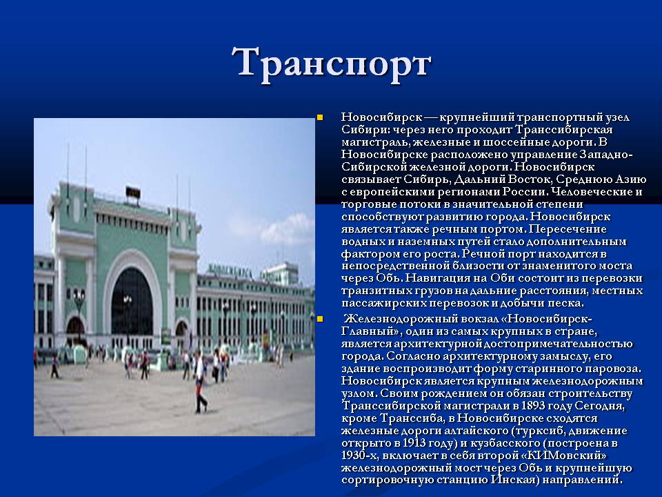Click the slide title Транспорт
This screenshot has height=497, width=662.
[x=332, y=65]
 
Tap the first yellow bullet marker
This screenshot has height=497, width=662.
[x=320, y=117]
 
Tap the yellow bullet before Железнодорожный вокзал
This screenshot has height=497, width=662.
[x=320, y=319]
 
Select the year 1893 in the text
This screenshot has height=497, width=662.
[x=533, y=406]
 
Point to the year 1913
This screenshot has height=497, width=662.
[x=414, y=443]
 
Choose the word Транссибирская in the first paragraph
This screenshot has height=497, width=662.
[x=564, y=129]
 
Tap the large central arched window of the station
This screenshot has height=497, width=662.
[x=132, y=302]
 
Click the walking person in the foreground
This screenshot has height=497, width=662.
[x=200, y=383]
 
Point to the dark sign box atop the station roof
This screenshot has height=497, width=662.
[x=133, y=193]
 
